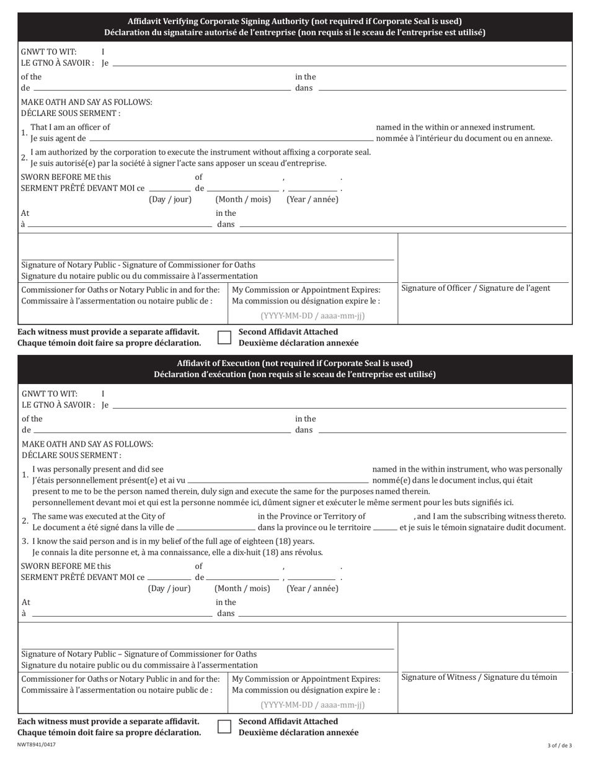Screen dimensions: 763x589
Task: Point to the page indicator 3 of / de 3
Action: pos(560,745)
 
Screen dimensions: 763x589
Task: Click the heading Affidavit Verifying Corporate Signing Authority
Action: pos(294,21)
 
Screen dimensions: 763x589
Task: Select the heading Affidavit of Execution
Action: pos(294,364)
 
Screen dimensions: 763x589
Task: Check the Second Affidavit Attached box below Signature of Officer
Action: pos(224,337)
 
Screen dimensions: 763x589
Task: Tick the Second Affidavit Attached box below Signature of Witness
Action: pos(224,727)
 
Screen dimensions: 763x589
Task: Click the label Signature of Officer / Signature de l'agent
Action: pos(476,288)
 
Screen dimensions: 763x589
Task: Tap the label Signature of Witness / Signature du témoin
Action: pos(479,677)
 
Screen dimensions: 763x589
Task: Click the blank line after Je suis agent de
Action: pos(229,138)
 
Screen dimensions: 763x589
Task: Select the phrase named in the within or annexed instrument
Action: pos(455,127)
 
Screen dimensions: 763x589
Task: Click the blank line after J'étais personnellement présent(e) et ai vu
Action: pos(278,480)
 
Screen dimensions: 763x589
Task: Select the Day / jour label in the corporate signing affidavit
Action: pos(170,199)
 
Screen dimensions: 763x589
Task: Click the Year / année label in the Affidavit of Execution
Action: pos(312,588)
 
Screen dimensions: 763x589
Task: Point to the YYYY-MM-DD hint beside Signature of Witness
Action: pos(312,705)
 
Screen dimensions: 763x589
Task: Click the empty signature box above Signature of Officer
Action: pos(484,257)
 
